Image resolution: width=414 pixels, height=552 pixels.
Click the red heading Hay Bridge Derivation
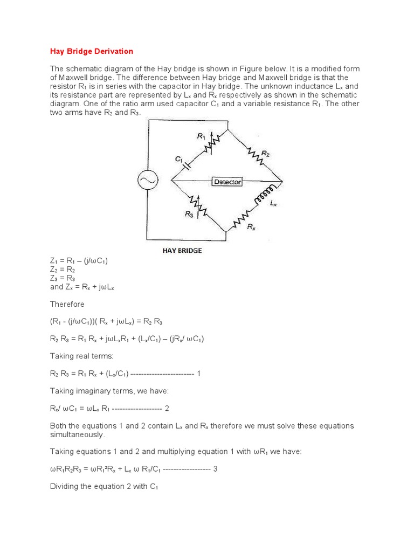point(92,51)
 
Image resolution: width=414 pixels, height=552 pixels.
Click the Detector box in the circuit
point(227,182)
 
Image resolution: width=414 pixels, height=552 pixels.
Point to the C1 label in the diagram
point(179,159)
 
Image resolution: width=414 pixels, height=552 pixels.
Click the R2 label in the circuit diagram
point(265,154)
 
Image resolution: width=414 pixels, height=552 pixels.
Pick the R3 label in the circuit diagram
point(189,215)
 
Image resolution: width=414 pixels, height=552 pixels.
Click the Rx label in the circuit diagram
point(251,227)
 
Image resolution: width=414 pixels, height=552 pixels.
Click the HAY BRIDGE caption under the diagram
point(182,251)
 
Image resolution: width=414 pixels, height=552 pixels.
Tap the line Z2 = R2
point(63,270)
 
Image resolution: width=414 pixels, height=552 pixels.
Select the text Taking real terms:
point(81,356)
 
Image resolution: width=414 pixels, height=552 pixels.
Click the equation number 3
point(215,469)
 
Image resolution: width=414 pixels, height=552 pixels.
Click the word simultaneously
point(78,434)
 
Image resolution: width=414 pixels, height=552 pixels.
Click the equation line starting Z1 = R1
point(79,261)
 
